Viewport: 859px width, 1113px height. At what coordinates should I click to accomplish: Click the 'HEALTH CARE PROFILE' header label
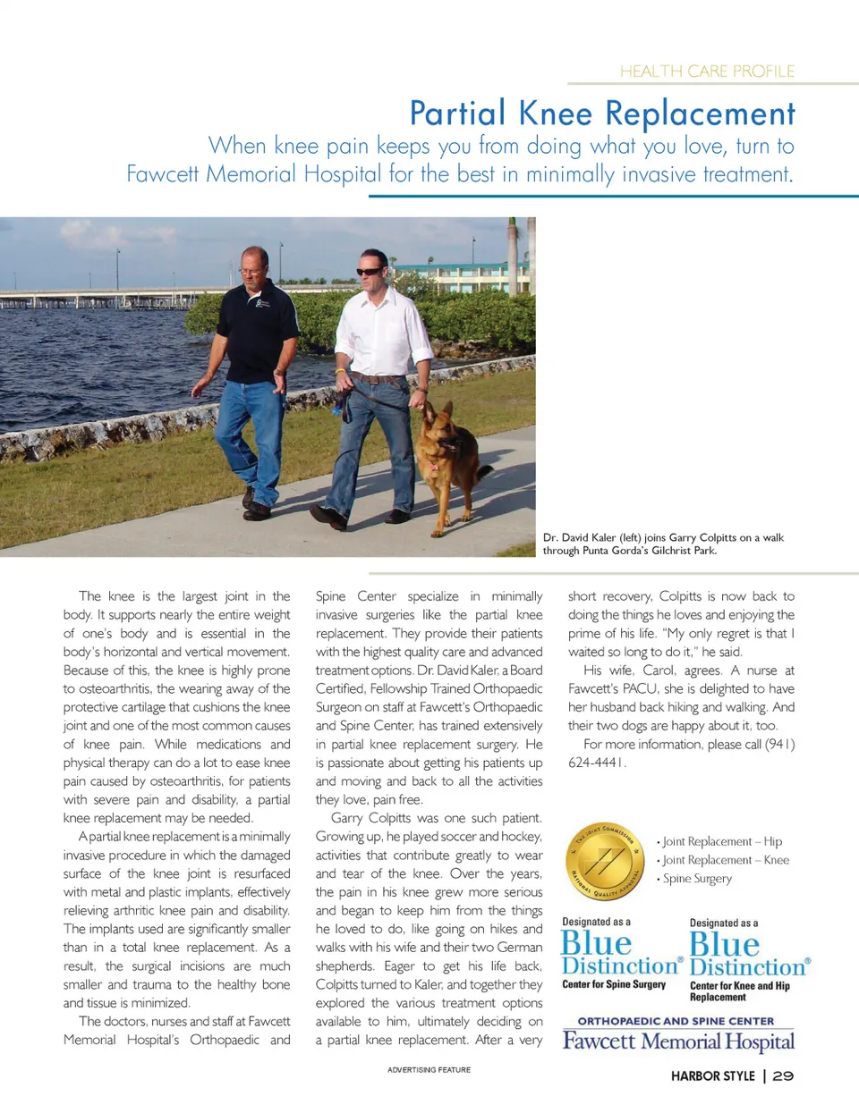point(707,72)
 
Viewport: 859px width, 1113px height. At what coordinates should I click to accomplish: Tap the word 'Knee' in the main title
point(555,114)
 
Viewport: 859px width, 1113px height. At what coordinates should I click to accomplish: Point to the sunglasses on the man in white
point(369,272)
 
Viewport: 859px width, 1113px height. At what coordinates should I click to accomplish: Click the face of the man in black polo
point(253,266)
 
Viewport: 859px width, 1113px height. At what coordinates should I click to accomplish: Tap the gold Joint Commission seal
point(606,861)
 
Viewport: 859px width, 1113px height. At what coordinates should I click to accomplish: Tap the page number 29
point(783,1076)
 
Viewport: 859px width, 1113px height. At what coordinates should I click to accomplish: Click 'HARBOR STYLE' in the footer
point(712,1076)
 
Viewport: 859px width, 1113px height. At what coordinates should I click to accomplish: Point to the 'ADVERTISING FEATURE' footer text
point(429,1070)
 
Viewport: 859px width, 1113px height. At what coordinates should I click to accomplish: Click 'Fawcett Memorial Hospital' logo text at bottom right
point(678,1041)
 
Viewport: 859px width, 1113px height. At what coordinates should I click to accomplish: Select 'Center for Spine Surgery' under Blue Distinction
point(614,984)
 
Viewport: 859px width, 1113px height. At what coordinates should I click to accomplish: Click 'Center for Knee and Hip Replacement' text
point(739,991)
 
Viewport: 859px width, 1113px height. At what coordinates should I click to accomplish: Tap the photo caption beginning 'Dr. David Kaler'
point(662,544)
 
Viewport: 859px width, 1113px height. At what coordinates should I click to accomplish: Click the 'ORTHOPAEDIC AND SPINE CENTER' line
point(676,1021)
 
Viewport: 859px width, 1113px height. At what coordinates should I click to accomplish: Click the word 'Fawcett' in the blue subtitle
point(163,173)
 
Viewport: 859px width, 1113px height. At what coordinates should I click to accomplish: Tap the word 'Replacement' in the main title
point(700,114)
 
